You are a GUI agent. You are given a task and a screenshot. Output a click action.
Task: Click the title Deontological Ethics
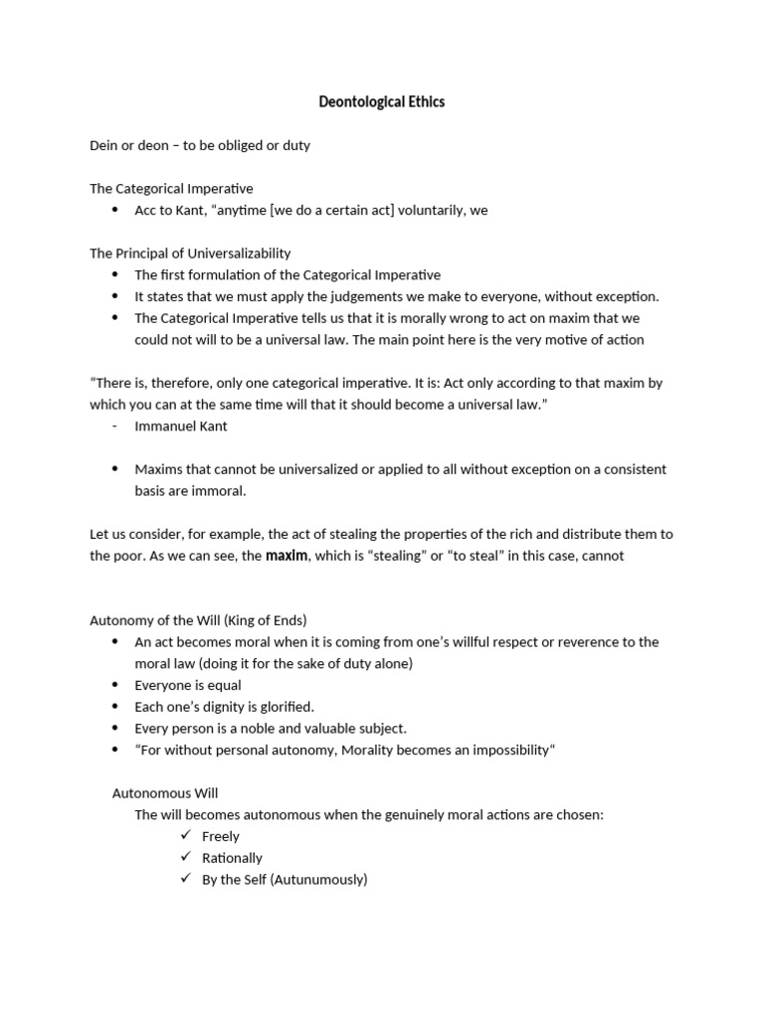pos(381,101)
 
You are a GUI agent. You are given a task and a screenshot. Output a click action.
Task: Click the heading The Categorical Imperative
pos(171,188)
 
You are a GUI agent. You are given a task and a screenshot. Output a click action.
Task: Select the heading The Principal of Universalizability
pos(190,253)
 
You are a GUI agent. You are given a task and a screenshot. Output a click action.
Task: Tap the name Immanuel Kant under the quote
pos(181,425)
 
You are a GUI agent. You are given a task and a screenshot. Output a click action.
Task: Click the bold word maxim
pos(286,556)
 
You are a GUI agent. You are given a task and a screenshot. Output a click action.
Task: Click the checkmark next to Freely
pos(185,836)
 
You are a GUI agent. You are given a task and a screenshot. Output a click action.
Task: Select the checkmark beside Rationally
pos(185,858)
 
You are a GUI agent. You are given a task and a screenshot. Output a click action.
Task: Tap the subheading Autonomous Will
pos(164,793)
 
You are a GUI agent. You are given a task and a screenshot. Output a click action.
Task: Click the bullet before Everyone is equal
pos(115,685)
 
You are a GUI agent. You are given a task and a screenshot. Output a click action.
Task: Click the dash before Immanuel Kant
pos(115,425)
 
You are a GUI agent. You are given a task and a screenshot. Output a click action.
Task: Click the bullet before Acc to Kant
pos(115,210)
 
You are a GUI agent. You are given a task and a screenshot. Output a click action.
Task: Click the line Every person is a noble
pos(271,729)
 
